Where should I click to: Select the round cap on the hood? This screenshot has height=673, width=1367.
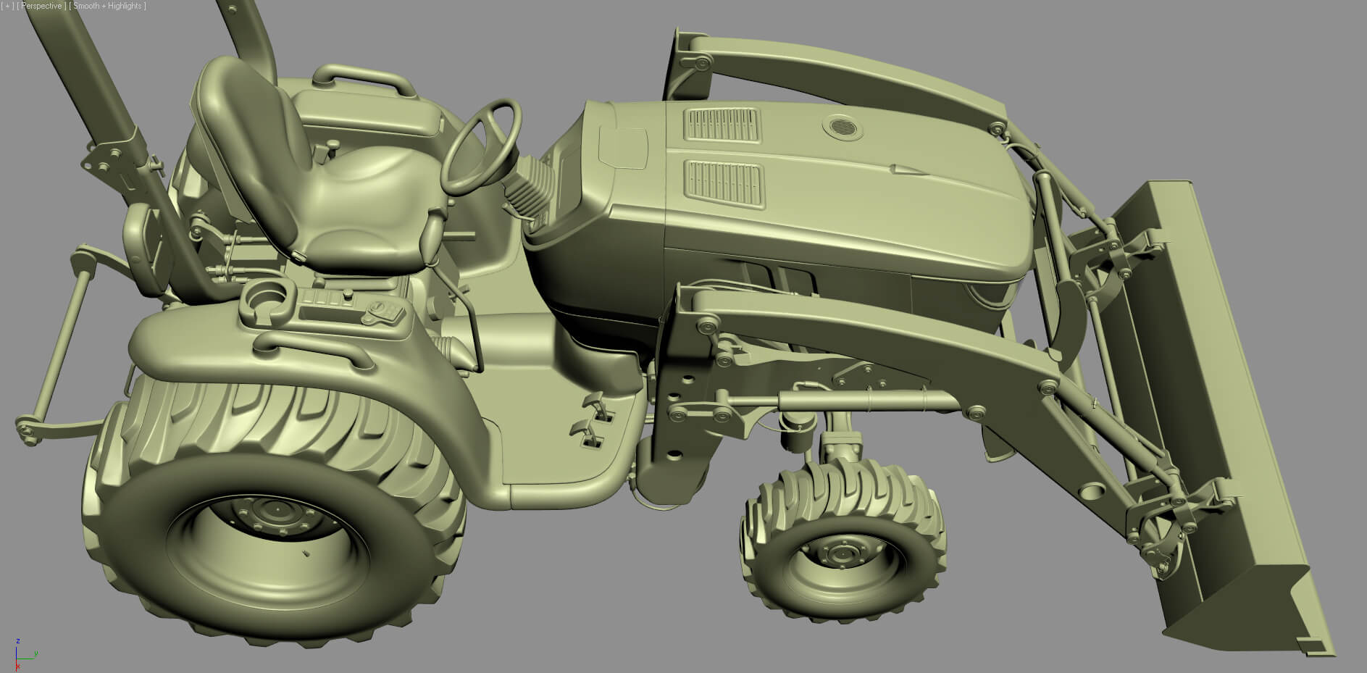click(843, 128)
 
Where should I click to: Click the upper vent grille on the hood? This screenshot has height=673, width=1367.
click(722, 125)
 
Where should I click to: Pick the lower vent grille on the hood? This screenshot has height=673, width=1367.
click(724, 183)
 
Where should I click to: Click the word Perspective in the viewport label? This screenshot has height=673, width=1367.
click(41, 6)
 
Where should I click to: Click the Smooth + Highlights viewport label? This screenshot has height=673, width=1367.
click(109, 6)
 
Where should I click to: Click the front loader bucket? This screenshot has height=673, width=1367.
click(1224, 406)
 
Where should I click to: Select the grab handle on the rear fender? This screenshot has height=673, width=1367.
click(312, 346)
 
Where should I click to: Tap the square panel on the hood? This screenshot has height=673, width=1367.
click(622, 148)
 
